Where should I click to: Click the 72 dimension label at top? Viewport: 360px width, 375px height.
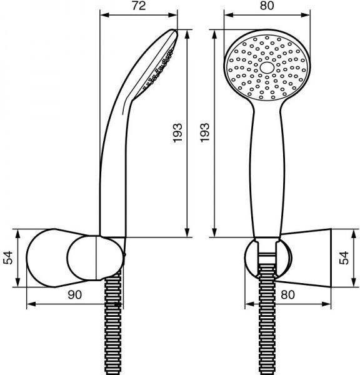click(x=139, y=6)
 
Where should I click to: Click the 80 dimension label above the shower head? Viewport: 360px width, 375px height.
click(x=267, y=6)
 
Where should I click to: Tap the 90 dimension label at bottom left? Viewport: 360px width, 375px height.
click(x=74, y=294)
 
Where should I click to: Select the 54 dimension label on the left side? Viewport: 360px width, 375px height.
click(x=8, y=257)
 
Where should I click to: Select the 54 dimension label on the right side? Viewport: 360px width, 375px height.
click(x=344, y=257)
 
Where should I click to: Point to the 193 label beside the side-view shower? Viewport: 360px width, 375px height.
click(x=177, y=133)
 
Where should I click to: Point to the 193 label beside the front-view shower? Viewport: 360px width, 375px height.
click(x=205, y=133)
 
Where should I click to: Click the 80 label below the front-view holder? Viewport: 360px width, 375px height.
click(x=287, y=294)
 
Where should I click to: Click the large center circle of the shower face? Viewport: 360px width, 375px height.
click(x=267, y=67)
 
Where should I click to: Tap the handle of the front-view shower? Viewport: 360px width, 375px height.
click(x=267, y=172)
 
